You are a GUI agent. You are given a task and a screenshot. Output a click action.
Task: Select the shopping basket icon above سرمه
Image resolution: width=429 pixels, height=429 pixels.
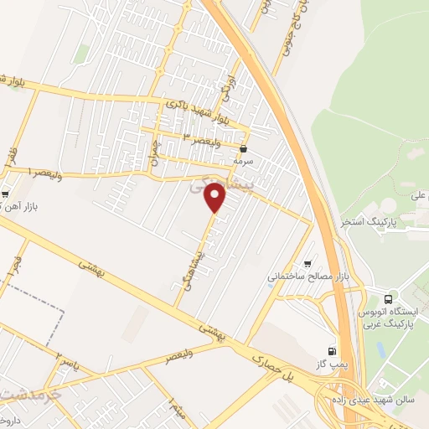click(244, 150)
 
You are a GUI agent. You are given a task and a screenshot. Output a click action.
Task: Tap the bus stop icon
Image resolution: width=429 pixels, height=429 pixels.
click(388, 297)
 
